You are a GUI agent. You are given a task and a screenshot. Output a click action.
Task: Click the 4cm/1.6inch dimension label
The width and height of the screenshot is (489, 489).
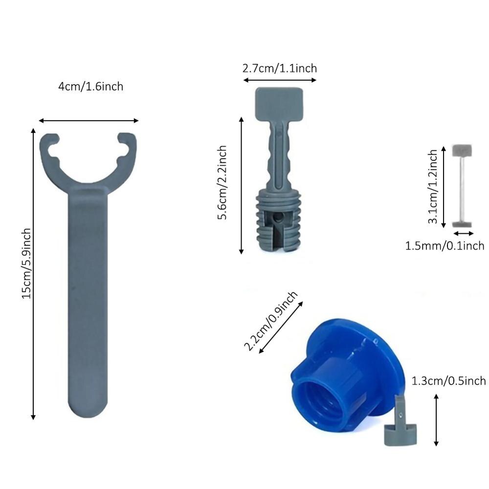(90, 87)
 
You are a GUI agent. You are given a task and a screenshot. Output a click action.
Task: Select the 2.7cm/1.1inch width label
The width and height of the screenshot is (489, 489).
(279, 68)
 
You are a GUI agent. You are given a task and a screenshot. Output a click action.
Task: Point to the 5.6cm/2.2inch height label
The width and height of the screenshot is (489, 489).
(222, 182)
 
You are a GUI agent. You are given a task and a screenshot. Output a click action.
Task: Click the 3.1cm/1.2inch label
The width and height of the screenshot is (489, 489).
(433, 187)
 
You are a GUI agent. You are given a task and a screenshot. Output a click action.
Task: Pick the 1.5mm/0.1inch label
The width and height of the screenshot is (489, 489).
(445, 245)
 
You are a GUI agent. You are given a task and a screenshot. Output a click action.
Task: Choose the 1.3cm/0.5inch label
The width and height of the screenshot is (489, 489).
(448, 381)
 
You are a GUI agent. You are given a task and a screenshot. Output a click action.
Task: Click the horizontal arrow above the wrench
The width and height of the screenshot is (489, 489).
(89, 120)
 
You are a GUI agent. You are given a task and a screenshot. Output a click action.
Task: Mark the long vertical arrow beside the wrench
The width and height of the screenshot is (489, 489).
(33, 274)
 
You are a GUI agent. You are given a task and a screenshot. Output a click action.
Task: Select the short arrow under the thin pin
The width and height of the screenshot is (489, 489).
(464, 234)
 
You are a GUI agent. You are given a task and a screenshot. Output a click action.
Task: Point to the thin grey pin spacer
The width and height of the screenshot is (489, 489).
(462, 186)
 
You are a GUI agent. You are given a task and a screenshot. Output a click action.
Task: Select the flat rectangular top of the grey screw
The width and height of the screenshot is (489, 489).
(279, 103)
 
